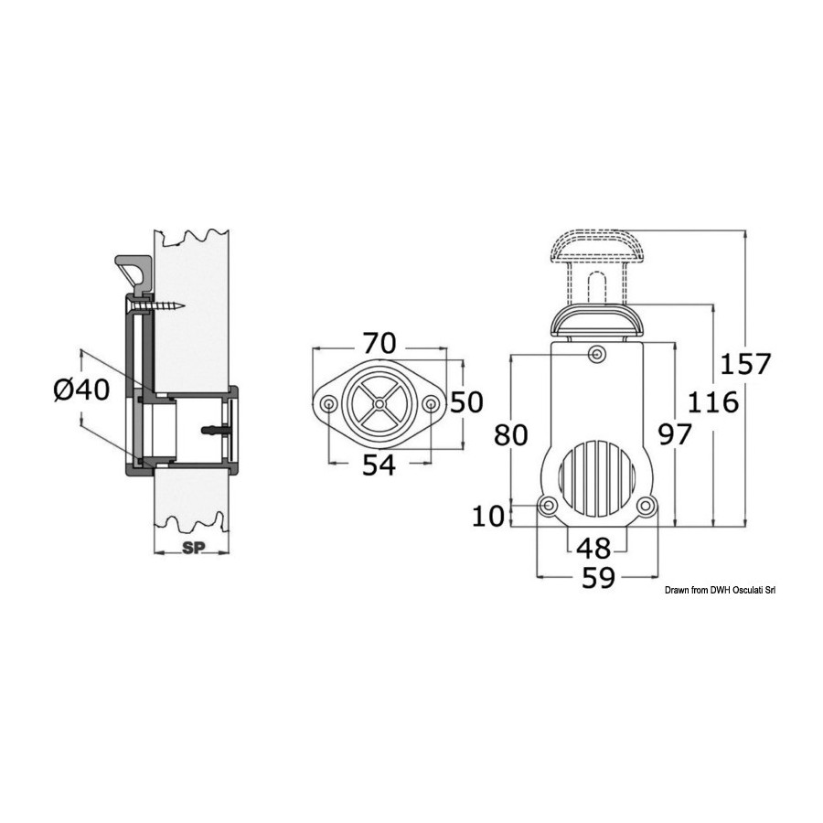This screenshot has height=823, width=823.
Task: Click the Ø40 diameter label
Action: (x=81, y=390)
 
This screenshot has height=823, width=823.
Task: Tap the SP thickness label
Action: (x=194, y=548)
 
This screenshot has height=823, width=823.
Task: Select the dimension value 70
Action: (x=379, y=344)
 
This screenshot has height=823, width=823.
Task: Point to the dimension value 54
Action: (x=379, y=465)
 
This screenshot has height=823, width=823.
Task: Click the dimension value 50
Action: (x=466, y=402)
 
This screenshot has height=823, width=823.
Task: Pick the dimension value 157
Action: (x=745, y=364)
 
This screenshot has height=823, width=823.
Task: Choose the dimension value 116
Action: (x=712, y=402)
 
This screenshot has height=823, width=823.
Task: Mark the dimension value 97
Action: (x=675, y=434)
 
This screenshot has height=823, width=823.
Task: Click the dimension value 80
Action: (x=510, y=434)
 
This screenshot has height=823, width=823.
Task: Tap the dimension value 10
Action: (x=488, y=516)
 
